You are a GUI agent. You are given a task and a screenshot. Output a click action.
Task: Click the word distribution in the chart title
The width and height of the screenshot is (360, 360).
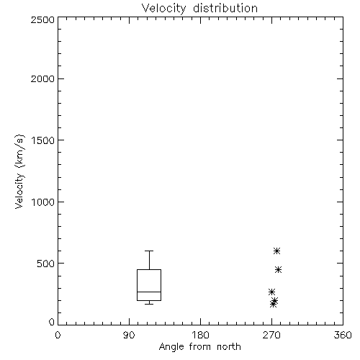(x=225, y=8)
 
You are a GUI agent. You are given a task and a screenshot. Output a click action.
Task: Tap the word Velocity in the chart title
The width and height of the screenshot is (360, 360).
(x=164, y=9)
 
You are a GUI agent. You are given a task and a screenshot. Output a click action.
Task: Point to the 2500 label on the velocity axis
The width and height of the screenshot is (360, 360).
(x=42, y=20)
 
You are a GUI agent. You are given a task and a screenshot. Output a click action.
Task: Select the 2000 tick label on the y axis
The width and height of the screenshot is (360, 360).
(x=42, y=79)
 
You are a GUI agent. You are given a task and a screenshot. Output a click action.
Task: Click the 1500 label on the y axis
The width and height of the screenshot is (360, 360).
(x=43, y=140)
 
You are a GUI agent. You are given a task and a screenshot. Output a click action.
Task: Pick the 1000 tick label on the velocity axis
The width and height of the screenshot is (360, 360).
(x=43, y=202)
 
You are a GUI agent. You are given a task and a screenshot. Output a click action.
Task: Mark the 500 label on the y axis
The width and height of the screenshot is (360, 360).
(x=45, y=264)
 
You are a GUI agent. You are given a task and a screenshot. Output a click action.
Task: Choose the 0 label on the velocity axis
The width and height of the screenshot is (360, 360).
(x=52, y=322)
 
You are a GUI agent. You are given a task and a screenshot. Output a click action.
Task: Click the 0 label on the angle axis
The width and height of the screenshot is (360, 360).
(x=58, y=335)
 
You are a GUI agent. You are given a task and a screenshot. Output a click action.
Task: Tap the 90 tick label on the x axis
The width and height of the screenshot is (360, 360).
(x=129, y=335)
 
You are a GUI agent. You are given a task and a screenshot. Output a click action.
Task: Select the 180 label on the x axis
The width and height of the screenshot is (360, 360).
(x=200, y=335)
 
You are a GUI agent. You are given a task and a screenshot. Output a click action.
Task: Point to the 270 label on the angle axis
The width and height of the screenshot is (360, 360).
(x=271, y=335)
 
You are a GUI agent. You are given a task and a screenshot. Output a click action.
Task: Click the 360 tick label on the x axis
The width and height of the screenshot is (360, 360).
(x=343, y=335)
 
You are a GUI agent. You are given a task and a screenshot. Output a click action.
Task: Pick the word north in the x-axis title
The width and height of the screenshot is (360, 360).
(x=229, y=347)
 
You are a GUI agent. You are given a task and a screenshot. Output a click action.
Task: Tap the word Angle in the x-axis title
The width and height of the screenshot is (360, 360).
(x=171, y=348)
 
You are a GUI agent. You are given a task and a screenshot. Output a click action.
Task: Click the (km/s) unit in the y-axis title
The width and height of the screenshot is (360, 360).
(x=19, y=151)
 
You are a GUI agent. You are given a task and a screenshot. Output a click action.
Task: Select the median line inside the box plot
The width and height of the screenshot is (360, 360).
(x=149, y=292)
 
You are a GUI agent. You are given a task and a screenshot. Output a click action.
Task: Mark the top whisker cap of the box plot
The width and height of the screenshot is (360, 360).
(x=149, y=251)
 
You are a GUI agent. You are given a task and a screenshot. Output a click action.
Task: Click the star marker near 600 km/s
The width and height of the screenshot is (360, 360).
(x=276, y=251)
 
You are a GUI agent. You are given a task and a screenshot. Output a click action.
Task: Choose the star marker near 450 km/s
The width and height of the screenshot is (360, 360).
(x=278, y=270)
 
